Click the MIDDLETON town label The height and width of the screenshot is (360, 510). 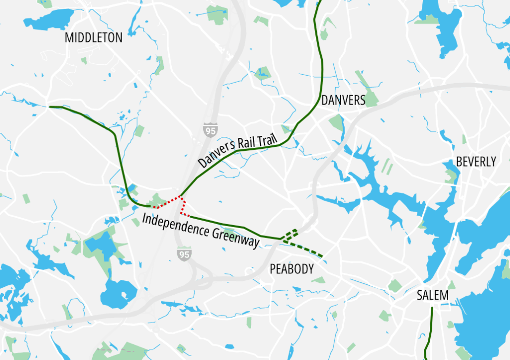[x=94, y=37]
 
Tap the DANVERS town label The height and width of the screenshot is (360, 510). [x=343, y=100]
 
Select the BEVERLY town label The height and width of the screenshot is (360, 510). [x=476, y=162]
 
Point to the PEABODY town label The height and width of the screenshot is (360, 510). [x=292, y=269]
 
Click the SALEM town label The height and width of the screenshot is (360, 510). [x=433, y=296]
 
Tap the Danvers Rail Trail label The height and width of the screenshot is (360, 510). [x=237, y=151]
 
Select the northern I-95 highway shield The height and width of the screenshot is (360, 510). [x=210, y=130]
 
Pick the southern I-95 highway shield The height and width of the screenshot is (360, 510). [x=184, y=254]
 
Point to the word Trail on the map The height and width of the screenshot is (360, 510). [x=266, y=140]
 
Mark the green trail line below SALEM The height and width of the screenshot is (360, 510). [x=430, y=331]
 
